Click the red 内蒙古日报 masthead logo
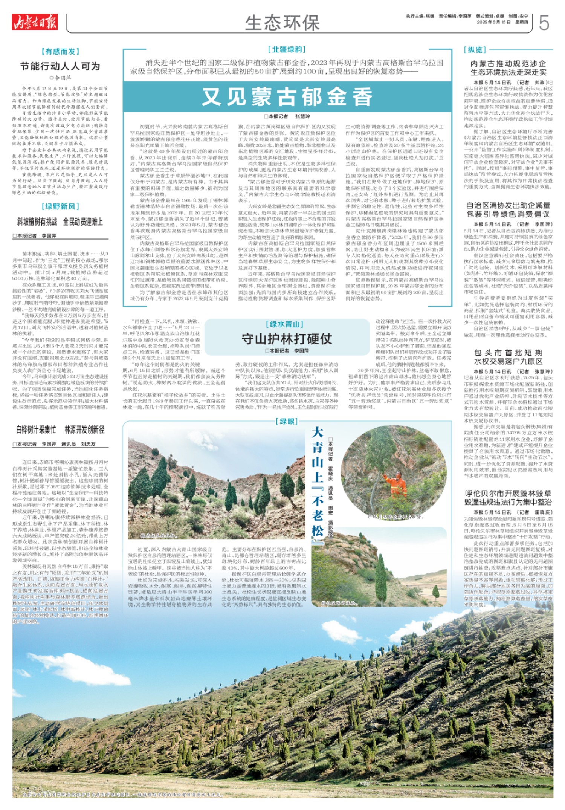(x=35, y=22)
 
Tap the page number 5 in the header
(x=544, y=23)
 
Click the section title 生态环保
(x=282, y=23)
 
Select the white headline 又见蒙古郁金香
(x=287, y=97)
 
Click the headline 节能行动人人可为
(x=60, y=67)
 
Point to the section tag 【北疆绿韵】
(x=287, y=49)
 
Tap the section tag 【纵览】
(x=475, y=50)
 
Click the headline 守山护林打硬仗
(x=287, y=339)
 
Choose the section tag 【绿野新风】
(x=60, y=206)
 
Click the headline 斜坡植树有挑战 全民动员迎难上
(x=60, y=222)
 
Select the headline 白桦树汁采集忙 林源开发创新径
(x=60, y=429)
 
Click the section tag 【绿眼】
(x=287, y=421)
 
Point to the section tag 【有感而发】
(x=60, y=52)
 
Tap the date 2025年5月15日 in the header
(x=494, y=22)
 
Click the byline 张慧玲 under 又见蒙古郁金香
(x=302, y=116)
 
